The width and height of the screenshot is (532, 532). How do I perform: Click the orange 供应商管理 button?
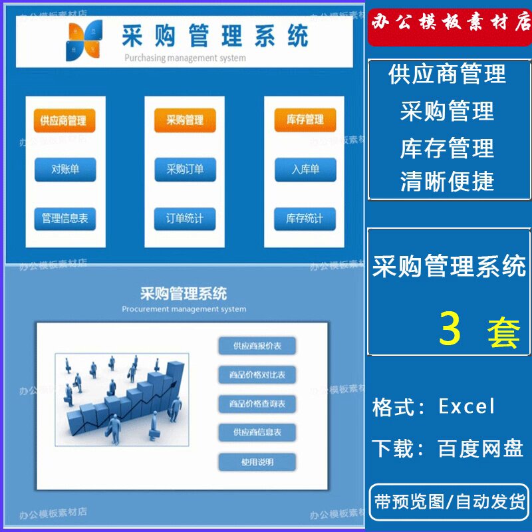[x=64, y=121]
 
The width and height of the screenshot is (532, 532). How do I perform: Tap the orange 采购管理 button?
[x=185, y=121]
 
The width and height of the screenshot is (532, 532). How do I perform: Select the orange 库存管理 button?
[x=305, y=120]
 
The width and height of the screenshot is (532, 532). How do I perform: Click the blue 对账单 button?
[x=65, y=170]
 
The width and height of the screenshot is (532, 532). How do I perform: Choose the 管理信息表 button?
[x=65, y=218]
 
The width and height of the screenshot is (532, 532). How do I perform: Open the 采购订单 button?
[x=185, y=170]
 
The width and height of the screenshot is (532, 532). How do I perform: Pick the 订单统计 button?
[x=185, y=218]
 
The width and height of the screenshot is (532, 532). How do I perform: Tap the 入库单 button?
[x=305, y=170]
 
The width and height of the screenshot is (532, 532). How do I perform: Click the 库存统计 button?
[x=305, y=218]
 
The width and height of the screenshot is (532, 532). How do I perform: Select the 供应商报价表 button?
[x=257, y=346]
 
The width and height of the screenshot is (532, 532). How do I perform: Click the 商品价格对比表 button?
[x=257, y=375]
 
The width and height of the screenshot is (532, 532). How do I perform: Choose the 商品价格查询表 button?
[x=257, y=404]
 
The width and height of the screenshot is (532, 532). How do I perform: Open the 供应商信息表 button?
[x=257, y=432]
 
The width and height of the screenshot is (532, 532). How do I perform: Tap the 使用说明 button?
[x=257, y=462]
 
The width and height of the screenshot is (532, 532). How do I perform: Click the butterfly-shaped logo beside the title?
[x=84, y=39]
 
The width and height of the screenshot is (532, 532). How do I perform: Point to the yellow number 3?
[x=450, y=329]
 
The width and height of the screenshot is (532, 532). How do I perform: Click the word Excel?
[x=467, y=406]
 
